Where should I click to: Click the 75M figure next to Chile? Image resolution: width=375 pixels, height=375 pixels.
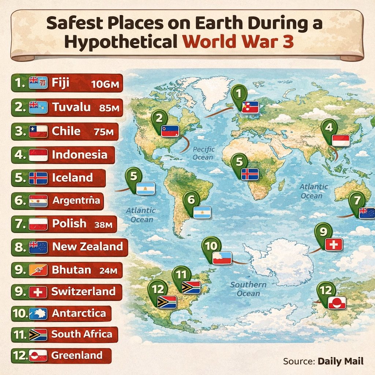[x=104, y=132]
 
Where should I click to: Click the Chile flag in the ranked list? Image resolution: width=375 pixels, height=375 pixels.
[x=38, y=131]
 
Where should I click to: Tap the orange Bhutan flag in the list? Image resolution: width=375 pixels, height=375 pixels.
[x=38, y=270]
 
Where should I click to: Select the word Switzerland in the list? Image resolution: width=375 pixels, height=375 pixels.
[x=83, y=292]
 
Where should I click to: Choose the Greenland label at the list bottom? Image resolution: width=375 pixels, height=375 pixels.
[x=77, y=355]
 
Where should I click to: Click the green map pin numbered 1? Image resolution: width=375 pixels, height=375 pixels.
[x=238, y=94]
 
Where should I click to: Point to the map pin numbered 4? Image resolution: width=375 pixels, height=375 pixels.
[x=328, y=128]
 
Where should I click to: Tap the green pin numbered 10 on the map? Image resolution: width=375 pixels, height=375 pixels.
[x=211, y=246]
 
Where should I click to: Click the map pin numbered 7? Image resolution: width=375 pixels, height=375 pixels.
[x=356, y=201]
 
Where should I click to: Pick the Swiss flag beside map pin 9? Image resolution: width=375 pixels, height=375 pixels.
[x=334, y=245]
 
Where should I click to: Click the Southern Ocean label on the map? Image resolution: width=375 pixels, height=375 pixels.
[x=248, y=289]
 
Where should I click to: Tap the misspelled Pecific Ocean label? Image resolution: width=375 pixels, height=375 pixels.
[x=203, y=153]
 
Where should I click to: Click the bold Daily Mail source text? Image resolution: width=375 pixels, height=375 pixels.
[x=341, y=361]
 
